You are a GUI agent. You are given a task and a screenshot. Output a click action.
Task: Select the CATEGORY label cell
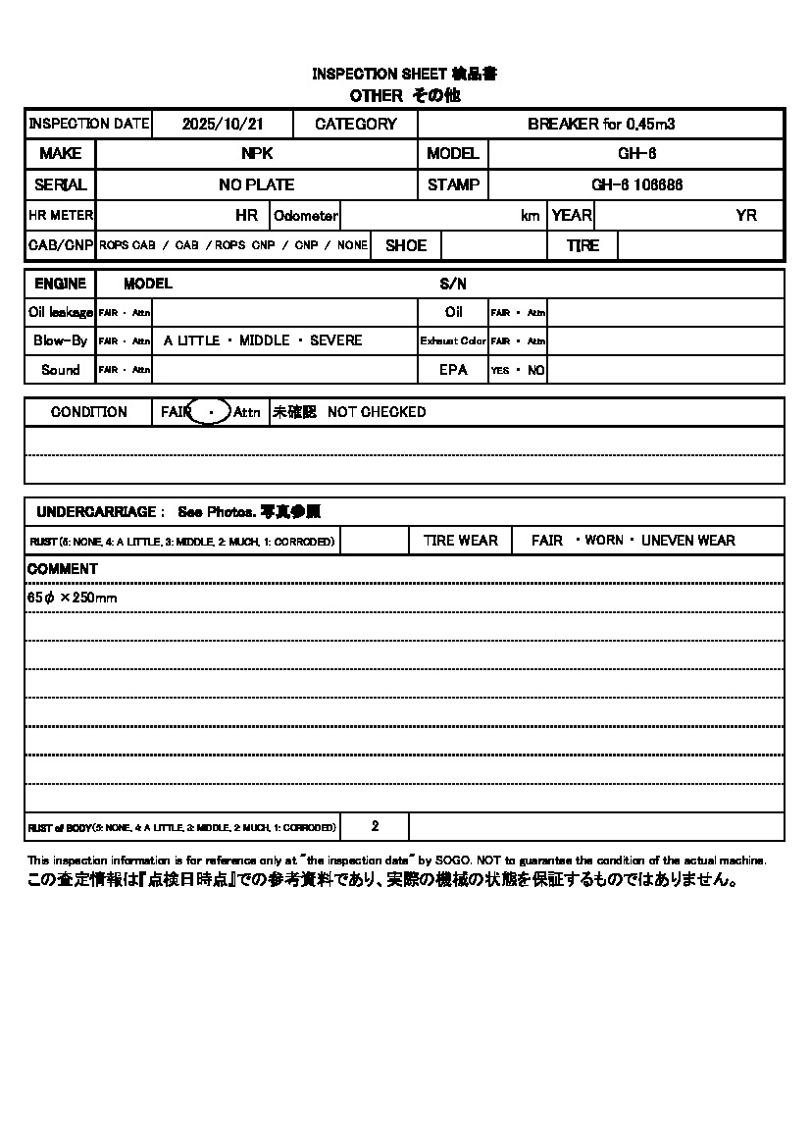[356, 125]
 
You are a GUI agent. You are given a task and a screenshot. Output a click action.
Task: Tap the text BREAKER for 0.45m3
[601, 125]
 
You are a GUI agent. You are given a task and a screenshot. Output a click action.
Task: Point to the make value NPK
[257, 154]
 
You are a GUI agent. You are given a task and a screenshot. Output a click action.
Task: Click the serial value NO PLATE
[257, 184]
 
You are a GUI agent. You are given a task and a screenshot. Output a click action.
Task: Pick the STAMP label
[453, 184]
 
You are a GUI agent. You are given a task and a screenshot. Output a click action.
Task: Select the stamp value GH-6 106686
[637, 184]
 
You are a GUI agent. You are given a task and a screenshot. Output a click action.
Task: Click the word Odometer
[306, 216]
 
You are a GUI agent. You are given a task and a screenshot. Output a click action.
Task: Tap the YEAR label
[572, 216]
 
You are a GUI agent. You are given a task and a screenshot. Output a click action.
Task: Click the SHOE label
[406, 246]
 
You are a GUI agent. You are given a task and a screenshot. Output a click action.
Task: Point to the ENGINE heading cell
[61, 284]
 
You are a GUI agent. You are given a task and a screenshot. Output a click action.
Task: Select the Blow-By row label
[61, 340]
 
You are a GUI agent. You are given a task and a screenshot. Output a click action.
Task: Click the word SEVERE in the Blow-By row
[335, 340]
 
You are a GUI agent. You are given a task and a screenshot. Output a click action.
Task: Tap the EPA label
[453, 370]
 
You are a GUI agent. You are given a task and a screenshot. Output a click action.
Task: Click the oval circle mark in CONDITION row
[210, 412]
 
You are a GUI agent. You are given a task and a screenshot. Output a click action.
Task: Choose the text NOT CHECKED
[377, 412]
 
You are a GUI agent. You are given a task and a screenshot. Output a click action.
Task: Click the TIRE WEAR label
[461, 541]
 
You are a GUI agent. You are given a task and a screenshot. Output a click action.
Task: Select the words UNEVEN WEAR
[688, 541]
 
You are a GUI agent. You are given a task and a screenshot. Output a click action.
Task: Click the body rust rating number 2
[375, 827]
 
